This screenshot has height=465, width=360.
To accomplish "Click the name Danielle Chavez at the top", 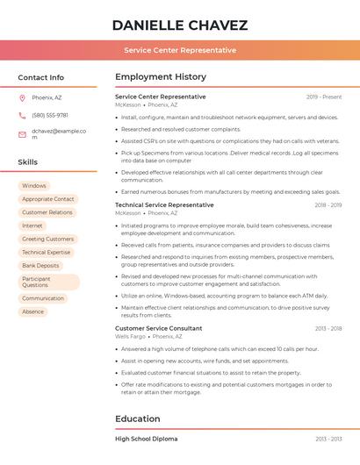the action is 180,25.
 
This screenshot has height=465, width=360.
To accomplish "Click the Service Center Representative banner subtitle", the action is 180,50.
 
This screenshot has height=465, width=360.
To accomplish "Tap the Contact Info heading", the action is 40,77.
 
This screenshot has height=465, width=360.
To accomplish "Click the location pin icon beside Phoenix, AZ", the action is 22,97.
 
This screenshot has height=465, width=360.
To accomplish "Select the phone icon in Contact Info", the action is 22,115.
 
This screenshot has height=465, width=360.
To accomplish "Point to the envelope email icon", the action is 22,134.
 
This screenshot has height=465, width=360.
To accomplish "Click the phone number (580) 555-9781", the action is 50,115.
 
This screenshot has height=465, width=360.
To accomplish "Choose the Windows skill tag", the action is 34,186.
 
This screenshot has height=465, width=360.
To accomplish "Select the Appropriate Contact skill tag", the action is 48,199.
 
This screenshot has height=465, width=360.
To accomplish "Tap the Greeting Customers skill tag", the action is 47,239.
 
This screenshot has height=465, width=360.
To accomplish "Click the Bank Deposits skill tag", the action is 40,265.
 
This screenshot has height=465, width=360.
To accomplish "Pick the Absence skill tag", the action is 32,311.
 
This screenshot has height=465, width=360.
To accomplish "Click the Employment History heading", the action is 160,77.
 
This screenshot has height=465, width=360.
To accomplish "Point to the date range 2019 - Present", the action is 324,97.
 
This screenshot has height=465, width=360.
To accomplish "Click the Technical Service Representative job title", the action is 164,204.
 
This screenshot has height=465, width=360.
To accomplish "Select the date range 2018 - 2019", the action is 328,204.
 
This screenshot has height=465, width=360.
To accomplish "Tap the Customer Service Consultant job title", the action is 158,328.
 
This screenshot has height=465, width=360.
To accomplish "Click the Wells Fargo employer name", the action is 131,336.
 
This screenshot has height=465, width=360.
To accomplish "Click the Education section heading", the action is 138,418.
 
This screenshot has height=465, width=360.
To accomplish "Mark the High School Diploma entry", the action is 146,439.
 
